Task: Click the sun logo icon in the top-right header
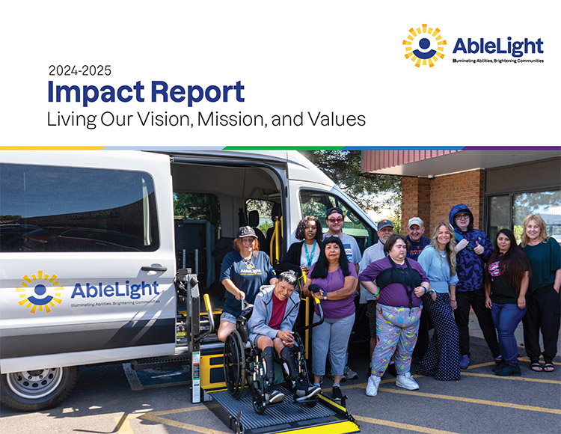pyautogui.click(x=424, y=46)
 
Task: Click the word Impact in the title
pyautogui.click(x=96, y=92)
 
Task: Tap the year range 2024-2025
pyautogui.click(x=80, y=71)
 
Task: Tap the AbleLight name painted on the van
pyautogui.click(x=114, y=290)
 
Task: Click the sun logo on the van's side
pyautogui.click(x=40, y=292)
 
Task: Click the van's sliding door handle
pyautogui.click(x=154, y=267)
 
